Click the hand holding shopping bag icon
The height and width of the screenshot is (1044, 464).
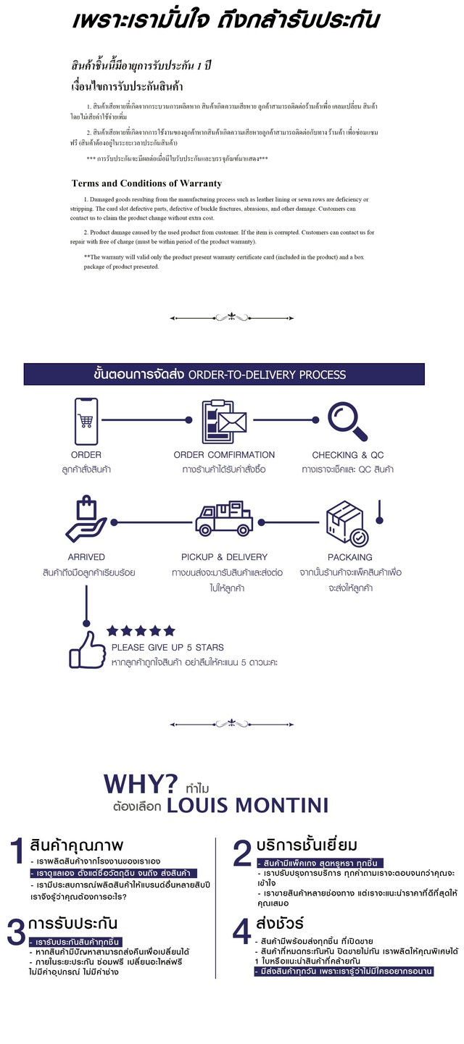[x=86, y=520]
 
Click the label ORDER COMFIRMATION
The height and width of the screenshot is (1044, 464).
[x=224, y=455]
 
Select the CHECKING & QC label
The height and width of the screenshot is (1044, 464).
[x=348, y=455]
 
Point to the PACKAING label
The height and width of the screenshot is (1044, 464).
[x=349, y=557]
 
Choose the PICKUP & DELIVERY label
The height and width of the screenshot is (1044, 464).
[x=224, y=557]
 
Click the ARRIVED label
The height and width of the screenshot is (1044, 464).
[x=86, y=557]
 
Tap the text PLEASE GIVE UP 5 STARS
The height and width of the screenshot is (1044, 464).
[x=167, y=647]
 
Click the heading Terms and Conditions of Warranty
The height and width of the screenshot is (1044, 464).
[x=146, y=183]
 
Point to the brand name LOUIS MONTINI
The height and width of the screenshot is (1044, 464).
[x=247, y=806]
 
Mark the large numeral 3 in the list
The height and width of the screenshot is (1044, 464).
[x=16, y=933]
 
